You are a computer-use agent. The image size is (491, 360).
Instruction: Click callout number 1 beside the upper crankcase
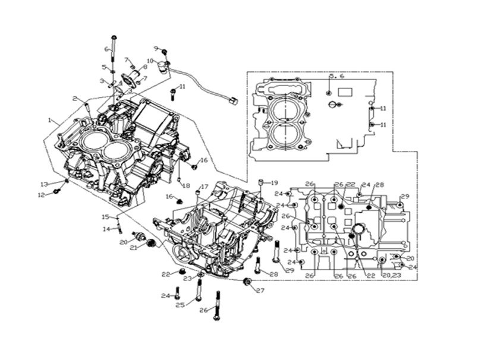[x=50, y=120]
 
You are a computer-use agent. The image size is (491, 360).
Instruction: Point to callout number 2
[x=75, y=99]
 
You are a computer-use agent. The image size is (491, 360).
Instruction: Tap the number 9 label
[x=156, y=48]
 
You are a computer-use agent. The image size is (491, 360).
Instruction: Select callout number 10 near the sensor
[x=150, y=61]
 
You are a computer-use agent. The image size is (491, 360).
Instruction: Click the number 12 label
[x=41, y=194]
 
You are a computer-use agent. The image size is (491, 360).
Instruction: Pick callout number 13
[x=44, y=184]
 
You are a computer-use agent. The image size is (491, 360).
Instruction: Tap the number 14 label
[x=106, y=229]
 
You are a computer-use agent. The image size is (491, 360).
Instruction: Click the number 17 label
[x=204, y=187]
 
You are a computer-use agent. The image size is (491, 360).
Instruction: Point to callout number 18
[x=187, y=185]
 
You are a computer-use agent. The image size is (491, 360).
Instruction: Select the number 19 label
[x=274, y=182]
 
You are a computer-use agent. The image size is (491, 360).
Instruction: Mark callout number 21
[x=134, y=248]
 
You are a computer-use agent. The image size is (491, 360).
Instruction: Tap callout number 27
[x=260, y=290]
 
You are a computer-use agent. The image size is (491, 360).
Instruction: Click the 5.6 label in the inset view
[x=336, y=77]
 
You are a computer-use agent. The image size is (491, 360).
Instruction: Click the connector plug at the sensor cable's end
[x=234, y=99]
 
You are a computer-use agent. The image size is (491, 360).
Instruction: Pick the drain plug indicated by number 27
[x=248, y=281]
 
